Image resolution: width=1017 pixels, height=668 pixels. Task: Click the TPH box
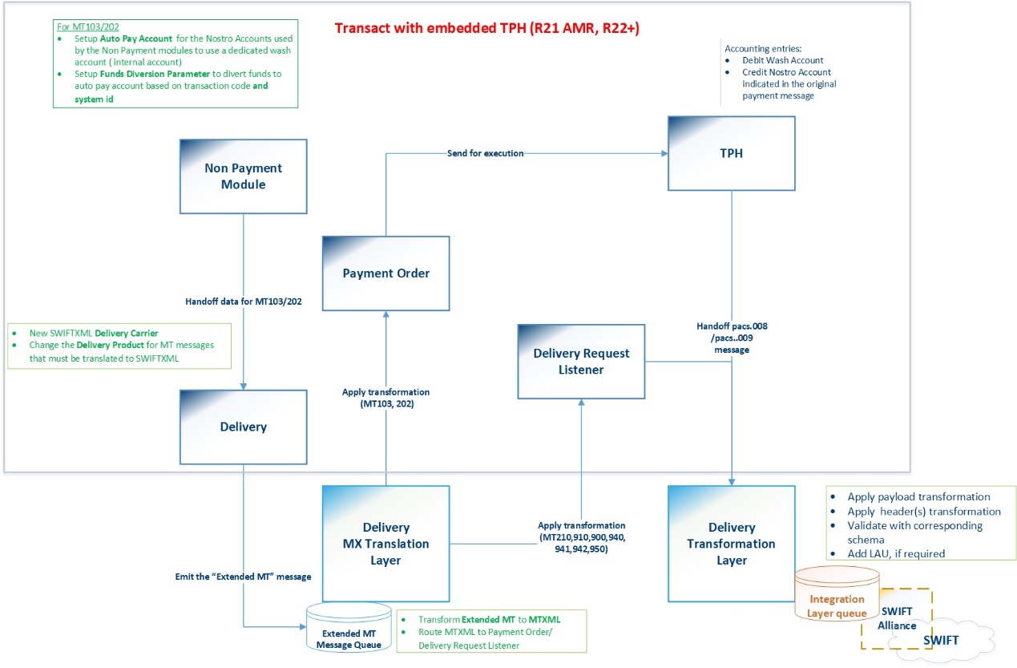[732, 153]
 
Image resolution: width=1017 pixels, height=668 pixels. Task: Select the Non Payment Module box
[244, 176]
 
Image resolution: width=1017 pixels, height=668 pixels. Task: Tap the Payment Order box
[386, 273]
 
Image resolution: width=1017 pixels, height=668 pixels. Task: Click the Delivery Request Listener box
[581, 362]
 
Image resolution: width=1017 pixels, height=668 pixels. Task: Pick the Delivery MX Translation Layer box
[386, 544]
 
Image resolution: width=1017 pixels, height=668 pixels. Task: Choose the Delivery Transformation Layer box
[732, 544]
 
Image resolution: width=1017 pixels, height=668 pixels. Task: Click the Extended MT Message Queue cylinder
[349, 628]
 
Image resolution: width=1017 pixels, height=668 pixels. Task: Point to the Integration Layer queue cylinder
[837, 593]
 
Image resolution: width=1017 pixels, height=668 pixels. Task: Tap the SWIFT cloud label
[941, 640]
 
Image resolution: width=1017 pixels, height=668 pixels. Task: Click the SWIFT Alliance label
[897, 618]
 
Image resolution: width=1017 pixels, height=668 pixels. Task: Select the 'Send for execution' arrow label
[485, 153]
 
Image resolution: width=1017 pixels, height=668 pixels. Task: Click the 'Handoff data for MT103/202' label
[244, 302]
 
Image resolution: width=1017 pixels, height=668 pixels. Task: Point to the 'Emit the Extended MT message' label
[244, 577]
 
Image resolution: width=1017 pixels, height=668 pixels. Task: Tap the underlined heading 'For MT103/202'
[88, 26]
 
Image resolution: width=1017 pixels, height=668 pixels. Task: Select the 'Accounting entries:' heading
[763, 49]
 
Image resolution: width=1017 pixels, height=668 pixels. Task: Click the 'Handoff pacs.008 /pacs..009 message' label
[732, 338]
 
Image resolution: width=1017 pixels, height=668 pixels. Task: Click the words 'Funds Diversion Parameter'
[155, 74]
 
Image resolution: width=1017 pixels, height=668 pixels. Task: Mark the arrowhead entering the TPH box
[664, 153]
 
